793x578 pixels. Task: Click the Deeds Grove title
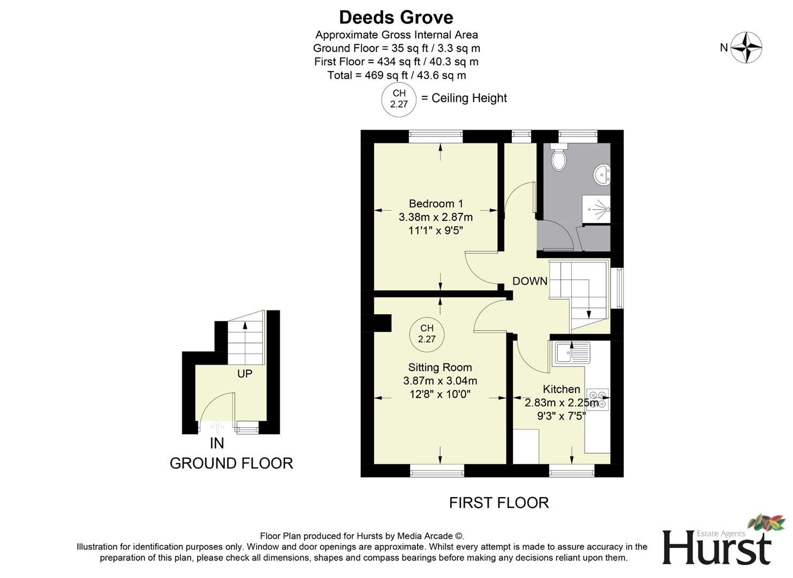point(396,17)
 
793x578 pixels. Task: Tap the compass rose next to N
point(746,48)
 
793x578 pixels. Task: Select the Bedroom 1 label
point(435,203)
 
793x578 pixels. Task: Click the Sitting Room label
point(440,367)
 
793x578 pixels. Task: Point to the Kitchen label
point(561,389)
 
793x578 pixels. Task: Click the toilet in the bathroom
point(558,158)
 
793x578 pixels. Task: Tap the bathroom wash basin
point(602,174)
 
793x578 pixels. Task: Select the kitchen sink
point(571,353)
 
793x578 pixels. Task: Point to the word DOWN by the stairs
point(530,281)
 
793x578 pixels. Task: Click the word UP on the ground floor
point(245,374)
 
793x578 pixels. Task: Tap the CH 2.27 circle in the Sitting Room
point(427,334)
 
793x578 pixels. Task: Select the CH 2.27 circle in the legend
point(398,99)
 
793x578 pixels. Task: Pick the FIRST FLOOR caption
point(499,503)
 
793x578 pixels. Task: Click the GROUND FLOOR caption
point(231,463)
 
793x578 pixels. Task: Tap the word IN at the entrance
point(217,443)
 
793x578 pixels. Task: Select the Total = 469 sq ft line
point(396,75)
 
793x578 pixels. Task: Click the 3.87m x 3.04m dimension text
point(440,381)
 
